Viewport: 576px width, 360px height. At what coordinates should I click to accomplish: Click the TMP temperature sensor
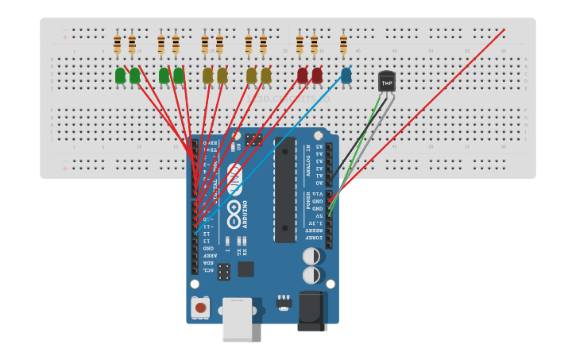click(x=387, y=82)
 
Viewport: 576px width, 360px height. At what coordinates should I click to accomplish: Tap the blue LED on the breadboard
click(x=346, y=75)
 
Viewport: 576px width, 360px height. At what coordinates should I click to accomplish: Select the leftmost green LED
click(x=120, y=75)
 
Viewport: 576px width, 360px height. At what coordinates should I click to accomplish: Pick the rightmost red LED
click(x=317, y=75)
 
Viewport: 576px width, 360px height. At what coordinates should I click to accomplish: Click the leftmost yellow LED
click(x=207, y=75)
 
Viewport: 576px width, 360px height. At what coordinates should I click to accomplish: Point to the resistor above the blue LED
click(x=343, y=44)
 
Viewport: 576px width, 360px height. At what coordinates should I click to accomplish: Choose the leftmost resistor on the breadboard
click(x=117, y=44)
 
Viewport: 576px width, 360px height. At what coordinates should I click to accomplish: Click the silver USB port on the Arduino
click(x=237, y=319)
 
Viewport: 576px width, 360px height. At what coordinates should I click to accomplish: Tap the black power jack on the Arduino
click(x=312, y=311)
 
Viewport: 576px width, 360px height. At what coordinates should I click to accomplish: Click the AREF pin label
click(x=208, y=255)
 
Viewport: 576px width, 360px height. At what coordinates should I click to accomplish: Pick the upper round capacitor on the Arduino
click(x=311, y=257)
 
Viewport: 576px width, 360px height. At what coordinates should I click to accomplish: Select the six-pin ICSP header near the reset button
click(x=225, y=272)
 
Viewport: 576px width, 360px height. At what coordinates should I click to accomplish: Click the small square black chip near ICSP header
click(x=246, y=269)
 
